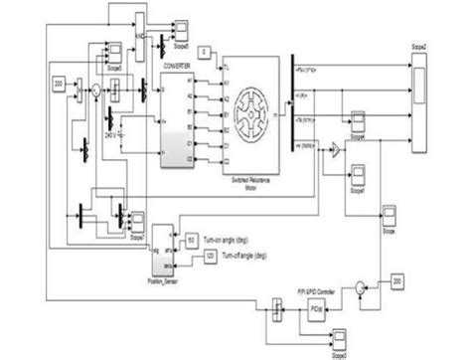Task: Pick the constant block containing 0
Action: pyautogui.click(x=203, y=51)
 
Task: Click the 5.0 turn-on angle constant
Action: pyautogui.click(x=192, y=240)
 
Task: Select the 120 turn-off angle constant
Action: pyautogui.click(x=209, y=256)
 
